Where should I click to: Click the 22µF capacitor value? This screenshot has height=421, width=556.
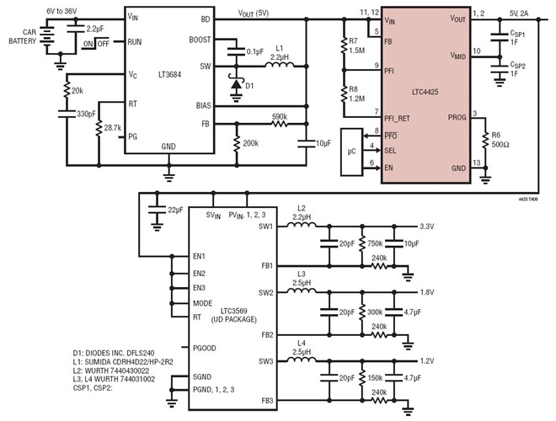(x=177, y=209)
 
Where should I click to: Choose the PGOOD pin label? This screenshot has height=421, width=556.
(x=206, y=346)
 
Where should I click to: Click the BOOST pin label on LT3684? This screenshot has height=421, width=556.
(x=200, y=38)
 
